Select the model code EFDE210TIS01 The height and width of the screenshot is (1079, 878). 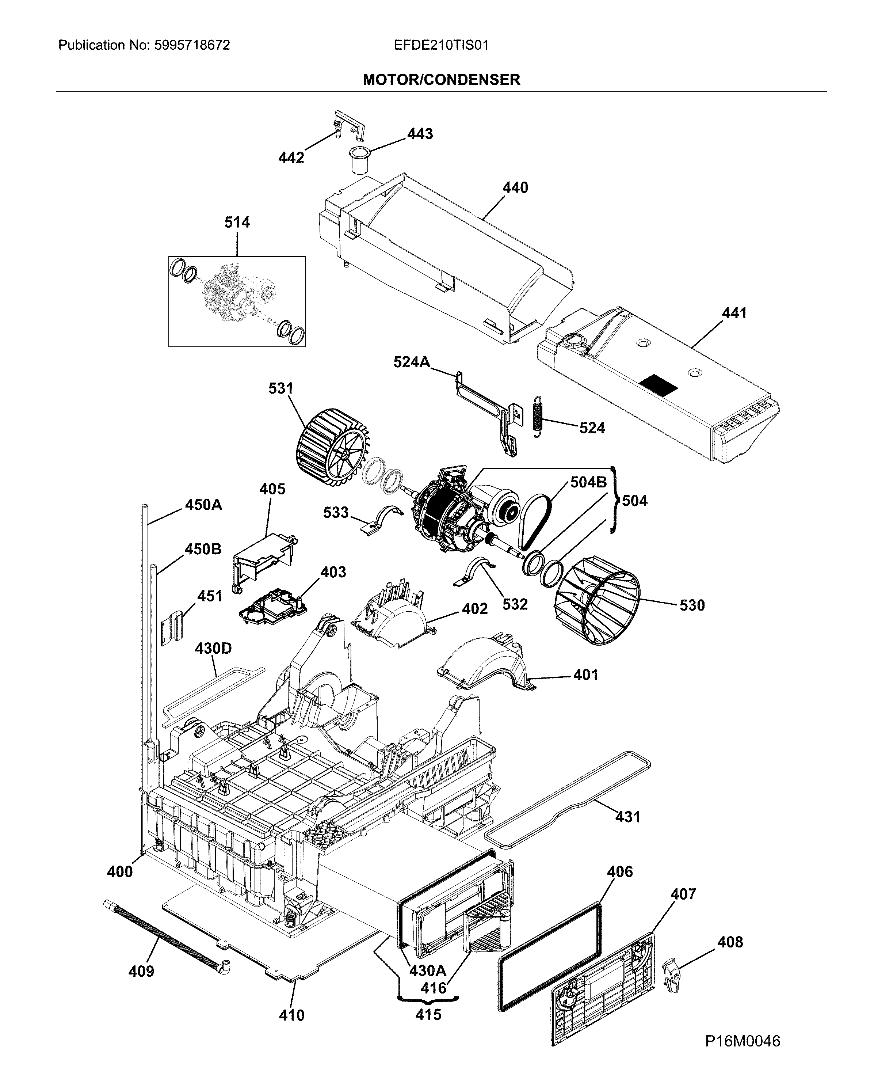point(441,46)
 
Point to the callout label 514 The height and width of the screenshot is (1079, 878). point(237,222)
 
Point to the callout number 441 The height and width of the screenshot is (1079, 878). point(734,313)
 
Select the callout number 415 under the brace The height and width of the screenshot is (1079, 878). point(428,1014)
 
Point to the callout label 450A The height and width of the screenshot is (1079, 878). point(203,505)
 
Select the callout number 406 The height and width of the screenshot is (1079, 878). point(619,871)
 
